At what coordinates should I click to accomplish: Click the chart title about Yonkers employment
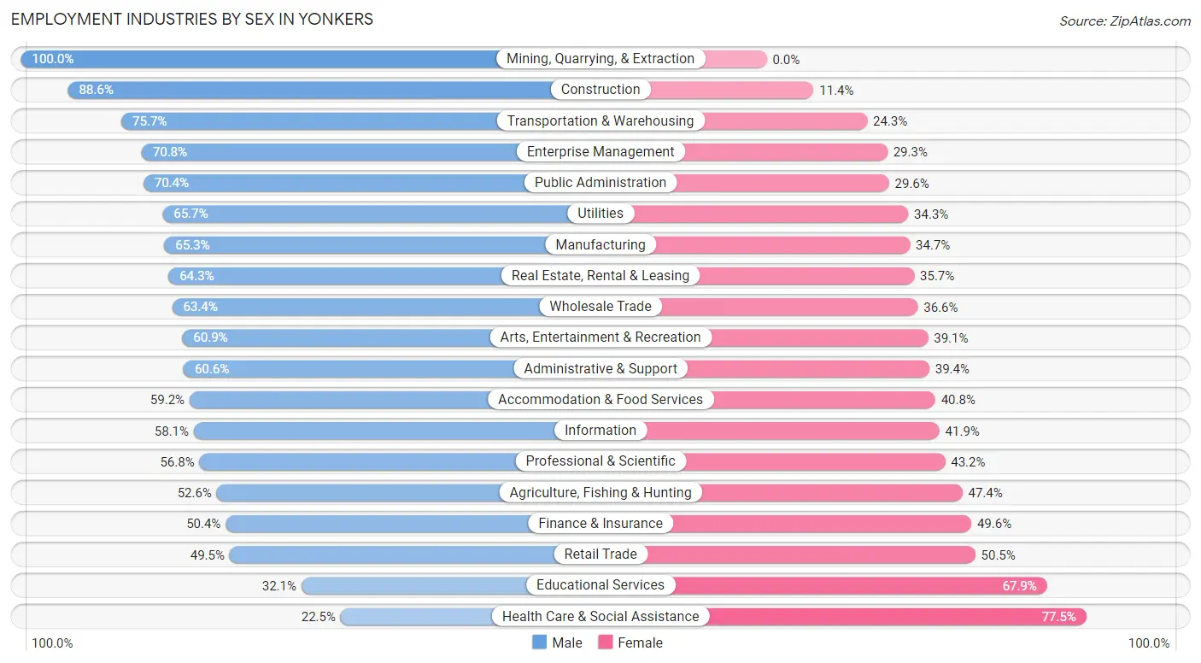click(x=192, y=19)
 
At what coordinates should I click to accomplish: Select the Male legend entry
click(x=557, y=642)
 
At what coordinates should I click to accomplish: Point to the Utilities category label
click(x=600, y=214)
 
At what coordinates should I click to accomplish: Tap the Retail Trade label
click(x=600, y=554)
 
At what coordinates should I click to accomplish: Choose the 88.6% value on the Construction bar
click(x=97, y=90)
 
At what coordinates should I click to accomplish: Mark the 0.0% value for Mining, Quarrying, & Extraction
click(x=786, y=59)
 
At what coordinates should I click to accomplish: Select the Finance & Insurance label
click(x=600, y=523)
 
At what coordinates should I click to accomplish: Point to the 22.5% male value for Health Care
click(x=319, y=616)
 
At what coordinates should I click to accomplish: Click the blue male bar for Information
click(x=376, y=431)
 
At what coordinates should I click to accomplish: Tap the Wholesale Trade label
click(x=600, y=306)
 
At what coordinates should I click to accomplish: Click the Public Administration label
click(x=600, y=182)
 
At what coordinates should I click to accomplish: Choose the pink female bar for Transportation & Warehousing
click(x=786, y=120)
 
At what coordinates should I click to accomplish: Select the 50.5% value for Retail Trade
click(x=998, y=554)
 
